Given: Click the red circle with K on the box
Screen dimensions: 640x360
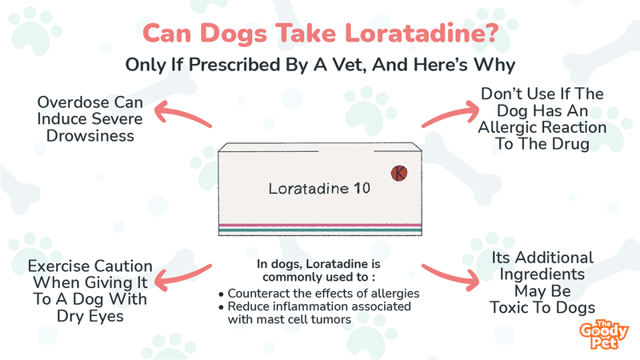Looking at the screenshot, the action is (x=398, y=173).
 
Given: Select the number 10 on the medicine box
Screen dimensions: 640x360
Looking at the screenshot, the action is (x=362, y=188).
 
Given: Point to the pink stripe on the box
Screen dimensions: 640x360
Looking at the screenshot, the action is (x=320, y=225).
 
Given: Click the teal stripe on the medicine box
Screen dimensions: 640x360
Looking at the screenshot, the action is (x=320, y=230).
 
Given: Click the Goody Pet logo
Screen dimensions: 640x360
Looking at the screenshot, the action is (x=603, y=334).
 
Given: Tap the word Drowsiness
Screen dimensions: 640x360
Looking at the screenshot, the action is (x=90, y=136).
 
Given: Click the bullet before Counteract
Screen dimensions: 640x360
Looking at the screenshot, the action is (x=222, y=294).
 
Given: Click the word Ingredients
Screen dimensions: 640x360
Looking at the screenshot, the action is (x=542, y=274).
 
